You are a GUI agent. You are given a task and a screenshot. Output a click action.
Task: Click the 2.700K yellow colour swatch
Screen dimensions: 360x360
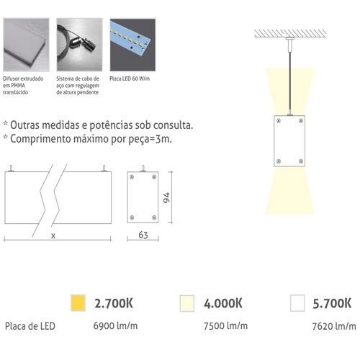pyautogui.click(x=78, y=303)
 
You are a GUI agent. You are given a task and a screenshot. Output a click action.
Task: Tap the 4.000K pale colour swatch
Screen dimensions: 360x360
pyautogui.click(x=187, y=303)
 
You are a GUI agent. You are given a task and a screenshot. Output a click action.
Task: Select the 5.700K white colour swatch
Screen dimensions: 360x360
pyautogui.click(x=297, y=303)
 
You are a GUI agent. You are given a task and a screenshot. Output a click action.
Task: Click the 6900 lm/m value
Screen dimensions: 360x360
pyautogui.click(x=115, y=325)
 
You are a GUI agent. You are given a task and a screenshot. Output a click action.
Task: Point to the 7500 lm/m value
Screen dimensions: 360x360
pyautogui.click(x=225, y=325)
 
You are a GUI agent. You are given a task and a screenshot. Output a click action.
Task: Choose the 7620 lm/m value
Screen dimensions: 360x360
pyautogui.click(x=334, y=326)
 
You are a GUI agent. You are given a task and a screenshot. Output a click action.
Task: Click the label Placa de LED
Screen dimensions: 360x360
pyautogui.click(x=30, y=326)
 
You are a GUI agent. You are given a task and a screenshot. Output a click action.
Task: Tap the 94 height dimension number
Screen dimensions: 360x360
pyautogui.click(x=166, y=197)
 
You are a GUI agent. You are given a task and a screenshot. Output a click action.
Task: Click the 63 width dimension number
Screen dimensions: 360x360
pyautogui.click(x=143, y=235)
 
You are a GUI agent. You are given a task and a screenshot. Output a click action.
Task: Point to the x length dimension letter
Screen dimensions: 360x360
pyautogui.click(x=53, y=236)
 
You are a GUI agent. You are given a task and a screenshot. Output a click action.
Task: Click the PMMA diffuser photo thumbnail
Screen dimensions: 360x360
pyautogui.click(x=26, y=45)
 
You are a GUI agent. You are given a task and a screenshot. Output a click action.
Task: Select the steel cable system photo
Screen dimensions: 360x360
pyautogui.click(x=79, y=45)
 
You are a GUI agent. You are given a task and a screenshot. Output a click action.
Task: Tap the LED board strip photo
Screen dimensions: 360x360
pyautogui.click(x=132, y=45)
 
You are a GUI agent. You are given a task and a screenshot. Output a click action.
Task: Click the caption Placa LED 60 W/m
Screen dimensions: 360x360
pyautogui.click(x=130, y=78)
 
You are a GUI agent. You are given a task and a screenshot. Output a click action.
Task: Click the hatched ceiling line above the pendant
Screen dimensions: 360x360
pyautogui.click(x=290, y=33)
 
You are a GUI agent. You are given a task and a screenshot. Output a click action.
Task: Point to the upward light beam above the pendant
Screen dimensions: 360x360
pyautogui.click(x=290, y=91)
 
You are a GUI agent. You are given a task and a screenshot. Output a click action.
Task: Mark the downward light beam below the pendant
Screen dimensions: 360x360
pyautogui.click(x=289, y=190)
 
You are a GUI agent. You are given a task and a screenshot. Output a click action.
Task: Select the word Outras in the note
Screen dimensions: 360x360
pyautogui.click(x=24, y=125)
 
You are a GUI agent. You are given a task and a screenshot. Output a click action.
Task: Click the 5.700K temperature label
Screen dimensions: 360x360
pyautogui.click(x=332, y=303)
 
